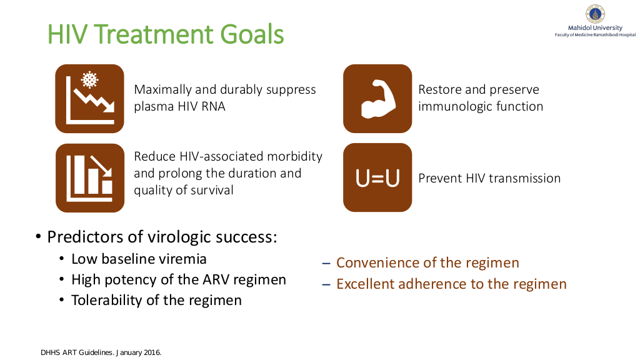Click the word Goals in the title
252,34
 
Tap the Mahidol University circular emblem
595,14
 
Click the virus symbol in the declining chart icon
89,79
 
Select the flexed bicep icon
377,99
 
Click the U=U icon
377,177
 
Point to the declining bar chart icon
90,178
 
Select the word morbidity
294,157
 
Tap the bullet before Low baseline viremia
62,259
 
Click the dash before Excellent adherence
326,284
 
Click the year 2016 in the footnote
152,352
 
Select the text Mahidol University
595,27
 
